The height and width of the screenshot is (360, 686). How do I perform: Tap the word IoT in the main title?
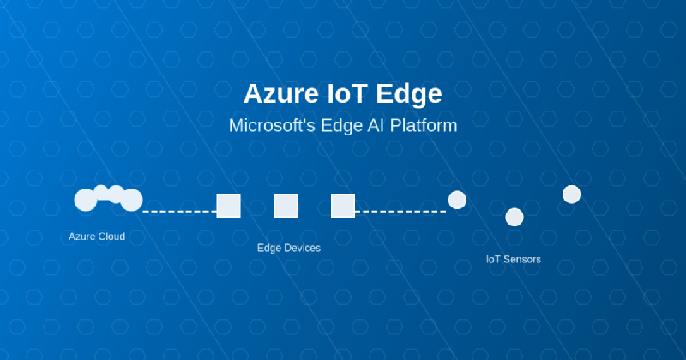[x=350, y=93]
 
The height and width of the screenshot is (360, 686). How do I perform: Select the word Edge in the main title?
[x=412, y=93]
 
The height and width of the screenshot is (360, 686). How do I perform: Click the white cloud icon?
[x=108, y=198]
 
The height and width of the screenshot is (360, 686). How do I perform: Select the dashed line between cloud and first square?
[x=179, y=210]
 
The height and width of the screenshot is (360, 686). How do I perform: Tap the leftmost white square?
[x=228, y=206]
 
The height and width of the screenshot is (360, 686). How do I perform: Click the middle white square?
[x=286, y=206]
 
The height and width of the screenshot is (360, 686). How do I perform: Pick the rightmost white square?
[x=343, y=206]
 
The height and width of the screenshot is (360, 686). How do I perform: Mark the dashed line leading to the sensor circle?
[x=400, y=210]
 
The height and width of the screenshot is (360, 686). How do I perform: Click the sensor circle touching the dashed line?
[x=457, y=200]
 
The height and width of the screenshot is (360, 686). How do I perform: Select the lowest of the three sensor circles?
[x=514, y=217]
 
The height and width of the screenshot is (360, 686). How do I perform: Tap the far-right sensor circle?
[x=572, y=195]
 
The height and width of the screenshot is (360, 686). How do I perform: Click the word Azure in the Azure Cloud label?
[x=82, y=237]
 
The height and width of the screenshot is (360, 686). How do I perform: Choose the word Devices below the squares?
[x=303, y=248]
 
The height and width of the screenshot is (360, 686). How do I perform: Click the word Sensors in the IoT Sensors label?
[x=522, y=259]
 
